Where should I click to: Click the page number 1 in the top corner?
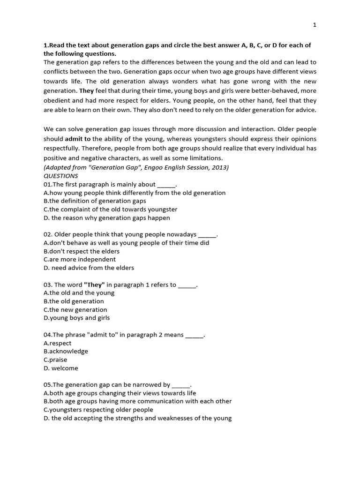coord(315,25)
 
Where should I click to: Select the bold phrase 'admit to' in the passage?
coord(78,139)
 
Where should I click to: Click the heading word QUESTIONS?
coord(60,176)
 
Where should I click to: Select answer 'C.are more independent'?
coord(80,259)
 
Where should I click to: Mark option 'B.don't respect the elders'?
coord(82,251)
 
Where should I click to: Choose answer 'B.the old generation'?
coord(74,301)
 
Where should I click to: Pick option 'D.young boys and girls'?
coord(76,318)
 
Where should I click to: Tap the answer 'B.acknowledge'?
coord(66,351)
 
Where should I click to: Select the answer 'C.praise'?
coord(55,360)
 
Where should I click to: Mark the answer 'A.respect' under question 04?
coord(57,343)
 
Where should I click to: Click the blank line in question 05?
coord(181,385)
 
